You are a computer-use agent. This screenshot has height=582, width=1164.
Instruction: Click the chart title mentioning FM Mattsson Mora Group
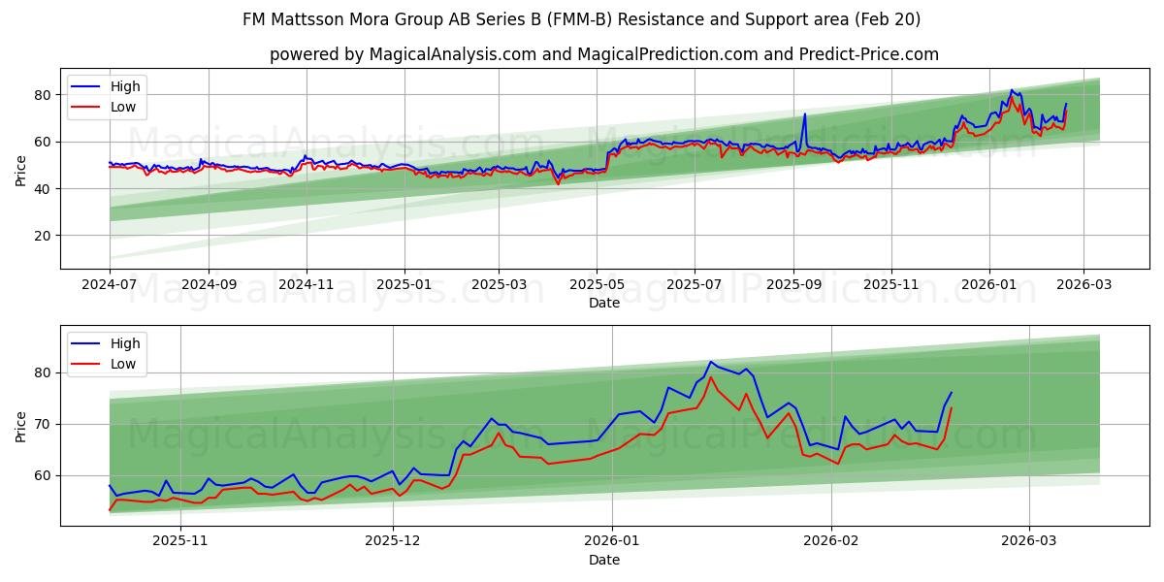click(582, 19)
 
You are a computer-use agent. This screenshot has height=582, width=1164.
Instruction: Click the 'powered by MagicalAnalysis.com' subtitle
click(603, 54)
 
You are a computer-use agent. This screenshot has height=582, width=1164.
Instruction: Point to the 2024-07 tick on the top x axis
click(110, 285)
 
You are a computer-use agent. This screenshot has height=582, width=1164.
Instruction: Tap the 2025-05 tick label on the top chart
click(597, 285)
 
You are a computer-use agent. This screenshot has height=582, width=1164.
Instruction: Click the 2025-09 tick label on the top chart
click(793, 285)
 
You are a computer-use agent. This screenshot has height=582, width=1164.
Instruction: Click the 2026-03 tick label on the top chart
click(1083, 285)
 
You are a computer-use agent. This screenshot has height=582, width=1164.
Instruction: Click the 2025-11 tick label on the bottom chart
click(181, 541)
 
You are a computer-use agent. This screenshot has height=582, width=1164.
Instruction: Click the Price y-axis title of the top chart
click(21, 169)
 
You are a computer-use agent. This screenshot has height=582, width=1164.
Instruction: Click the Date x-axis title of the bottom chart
click(603, 560)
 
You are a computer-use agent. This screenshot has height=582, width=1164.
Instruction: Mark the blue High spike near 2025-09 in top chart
click(804, 114)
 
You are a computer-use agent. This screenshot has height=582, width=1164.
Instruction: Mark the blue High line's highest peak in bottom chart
click(711, 362)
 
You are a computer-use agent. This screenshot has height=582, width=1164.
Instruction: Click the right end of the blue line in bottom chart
click(952, 392)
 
